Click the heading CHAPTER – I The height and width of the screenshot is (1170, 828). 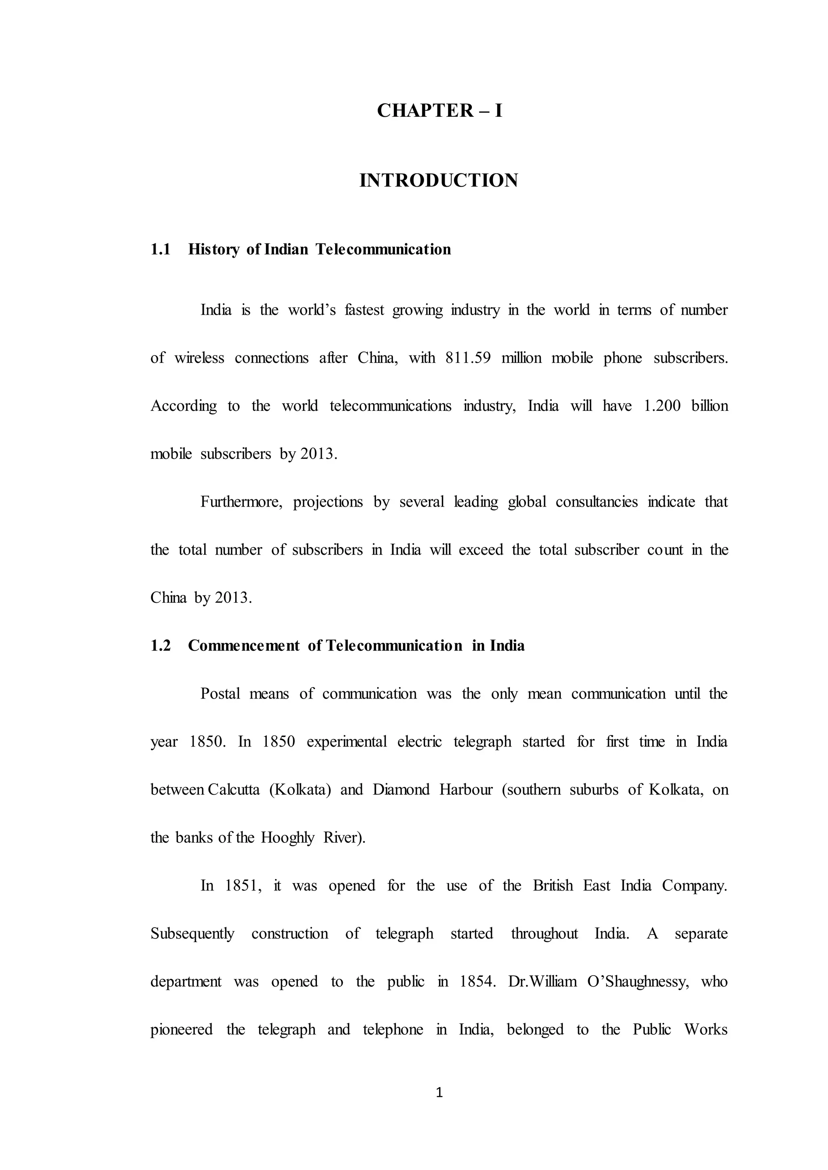pyautogui.click(x=439, y=111)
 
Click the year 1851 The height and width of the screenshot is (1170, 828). pyautogui.click(x=243, y=886)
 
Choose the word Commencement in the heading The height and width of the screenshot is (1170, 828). pyautogui.click(x=244, y=646)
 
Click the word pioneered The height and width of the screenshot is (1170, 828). pyautogui.click(x=182, y=1029)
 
